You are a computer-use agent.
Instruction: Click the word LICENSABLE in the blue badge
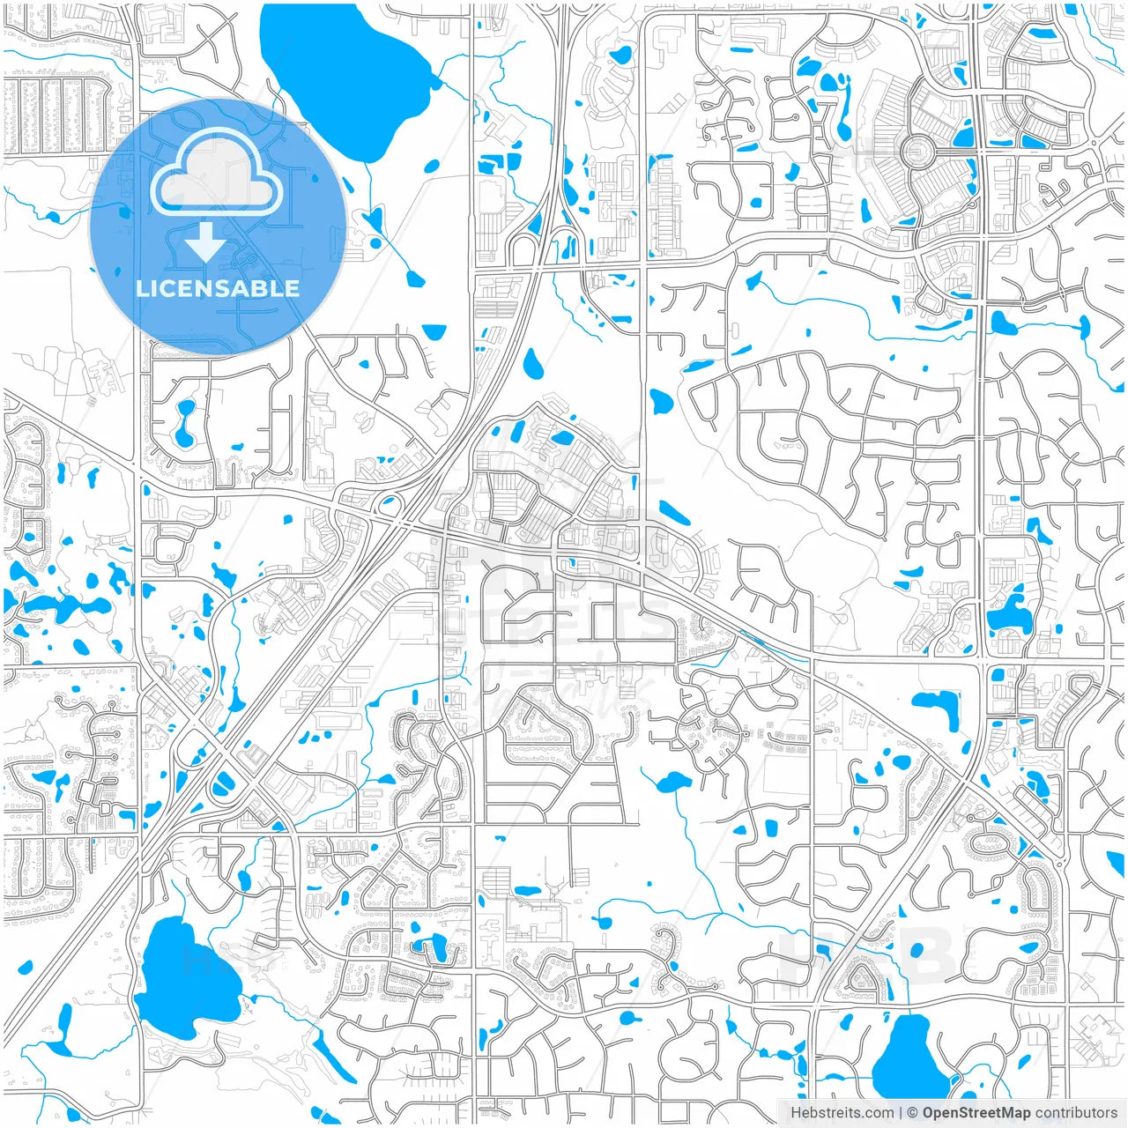tap(217, 288)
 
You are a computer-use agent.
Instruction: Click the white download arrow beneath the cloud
tap(205, 241)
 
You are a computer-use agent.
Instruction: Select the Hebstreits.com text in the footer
tap(842, 1113)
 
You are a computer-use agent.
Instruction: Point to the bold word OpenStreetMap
tap(976, 1113)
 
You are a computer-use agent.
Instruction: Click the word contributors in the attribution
tap(1076, 1113)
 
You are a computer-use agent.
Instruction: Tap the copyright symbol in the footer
tap(913, 1113)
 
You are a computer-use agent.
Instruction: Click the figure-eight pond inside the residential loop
tap(186, 423)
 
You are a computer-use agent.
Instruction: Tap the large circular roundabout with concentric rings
tap(917, 152)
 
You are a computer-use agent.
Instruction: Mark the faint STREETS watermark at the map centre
tap(564, 617)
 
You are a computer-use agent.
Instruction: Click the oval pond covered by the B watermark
tap(916, 950)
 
